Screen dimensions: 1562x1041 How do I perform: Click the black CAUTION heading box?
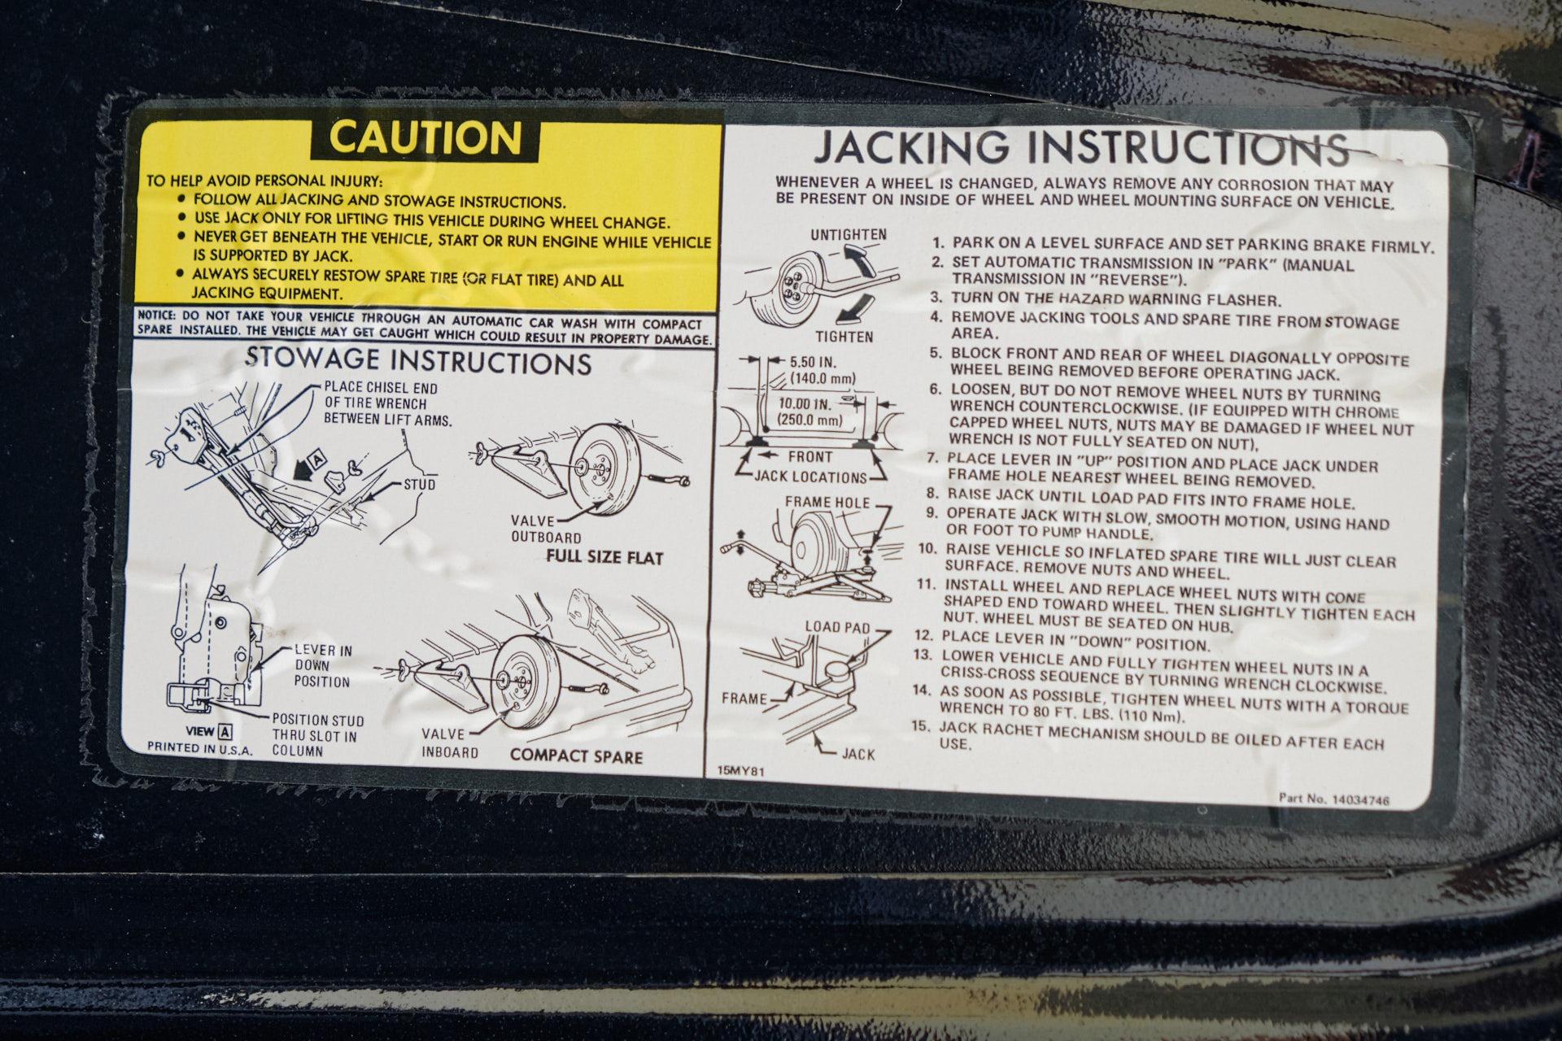click(425, 138)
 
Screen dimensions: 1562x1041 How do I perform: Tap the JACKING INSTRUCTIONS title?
click(1083, 149)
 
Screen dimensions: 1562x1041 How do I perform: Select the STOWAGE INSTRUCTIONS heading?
click(418, 360)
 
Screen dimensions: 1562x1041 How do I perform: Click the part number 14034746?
click(1359, 800)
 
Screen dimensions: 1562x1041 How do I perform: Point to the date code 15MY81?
click(741, 769)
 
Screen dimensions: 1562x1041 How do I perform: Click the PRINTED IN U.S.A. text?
click(200, 747)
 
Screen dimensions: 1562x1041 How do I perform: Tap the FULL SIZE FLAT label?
click(604, 558)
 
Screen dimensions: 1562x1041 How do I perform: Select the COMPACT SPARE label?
click(576, 756)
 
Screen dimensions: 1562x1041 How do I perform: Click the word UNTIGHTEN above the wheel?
click(849, 235)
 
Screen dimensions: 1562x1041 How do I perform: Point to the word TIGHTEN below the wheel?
click(845, 337)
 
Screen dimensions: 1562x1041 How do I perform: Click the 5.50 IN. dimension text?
click(813, 362)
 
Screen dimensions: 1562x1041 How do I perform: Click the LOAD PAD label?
click(837, 628)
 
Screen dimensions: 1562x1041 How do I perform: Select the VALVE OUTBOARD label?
click(546, 529)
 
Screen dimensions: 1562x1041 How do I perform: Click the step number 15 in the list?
click(920, 725)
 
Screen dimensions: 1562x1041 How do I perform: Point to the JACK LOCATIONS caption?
click(810, 477)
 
